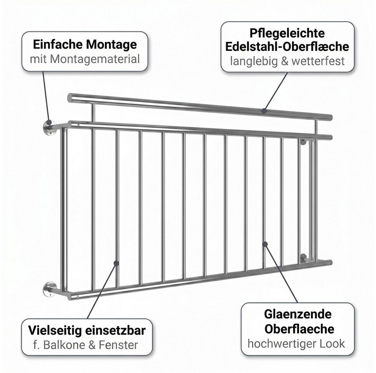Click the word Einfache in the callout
[58, 45]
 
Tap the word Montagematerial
[95, 59]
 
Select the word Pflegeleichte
[287, 33]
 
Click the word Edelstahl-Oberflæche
[287, 47]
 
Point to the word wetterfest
[318, 61]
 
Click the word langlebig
[254, 61]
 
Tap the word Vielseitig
[55, 331]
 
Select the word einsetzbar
[116, 331]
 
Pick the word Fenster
[118, 345]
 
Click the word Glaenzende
[298, 314]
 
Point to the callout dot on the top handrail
[264, 111]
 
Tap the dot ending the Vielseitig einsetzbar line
[116, 263]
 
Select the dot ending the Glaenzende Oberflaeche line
[265, 244]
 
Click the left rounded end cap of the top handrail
[70, 98]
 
